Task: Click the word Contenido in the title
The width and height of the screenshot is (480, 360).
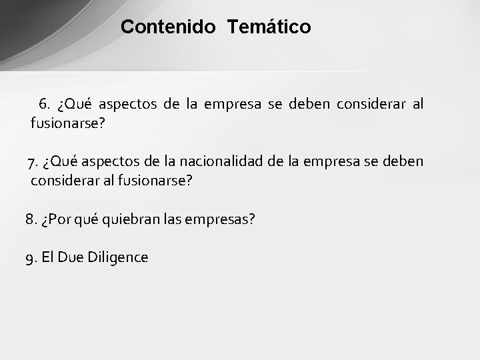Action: point(169,27)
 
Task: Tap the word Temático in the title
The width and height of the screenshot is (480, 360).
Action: point(269,27)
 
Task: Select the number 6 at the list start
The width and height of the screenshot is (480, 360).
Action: point(45,105)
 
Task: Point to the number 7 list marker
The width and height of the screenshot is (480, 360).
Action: point(32,163)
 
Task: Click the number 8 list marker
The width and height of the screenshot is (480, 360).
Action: point(30,219)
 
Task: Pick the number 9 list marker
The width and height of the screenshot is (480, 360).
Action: point(31,257)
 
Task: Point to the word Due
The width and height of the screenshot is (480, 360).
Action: point(71,257)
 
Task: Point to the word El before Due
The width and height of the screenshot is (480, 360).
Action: point(47,257)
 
